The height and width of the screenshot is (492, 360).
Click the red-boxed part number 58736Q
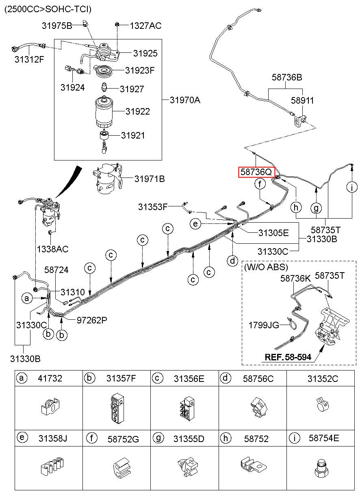256,172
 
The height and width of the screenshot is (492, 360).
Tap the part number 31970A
185,100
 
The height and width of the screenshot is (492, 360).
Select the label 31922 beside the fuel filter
137,111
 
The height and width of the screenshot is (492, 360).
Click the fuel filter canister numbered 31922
106,111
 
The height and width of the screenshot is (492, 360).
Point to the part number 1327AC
145,26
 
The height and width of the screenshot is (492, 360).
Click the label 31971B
150,178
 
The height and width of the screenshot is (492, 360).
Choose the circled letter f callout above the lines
260,184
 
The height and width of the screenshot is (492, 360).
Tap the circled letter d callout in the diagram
232,260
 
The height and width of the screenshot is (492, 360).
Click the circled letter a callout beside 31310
27,299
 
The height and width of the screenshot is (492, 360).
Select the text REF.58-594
288,357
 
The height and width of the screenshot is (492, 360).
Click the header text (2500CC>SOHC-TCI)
48,9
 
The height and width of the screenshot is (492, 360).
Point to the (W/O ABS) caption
266,267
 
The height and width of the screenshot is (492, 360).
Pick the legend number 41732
50,379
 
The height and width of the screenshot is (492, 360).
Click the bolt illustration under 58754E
321,472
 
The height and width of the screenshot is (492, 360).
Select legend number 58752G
123,439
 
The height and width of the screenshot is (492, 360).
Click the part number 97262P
92,320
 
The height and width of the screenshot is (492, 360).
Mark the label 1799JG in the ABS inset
264,325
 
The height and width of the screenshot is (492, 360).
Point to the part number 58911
302,100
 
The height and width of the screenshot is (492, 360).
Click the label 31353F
153,206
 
